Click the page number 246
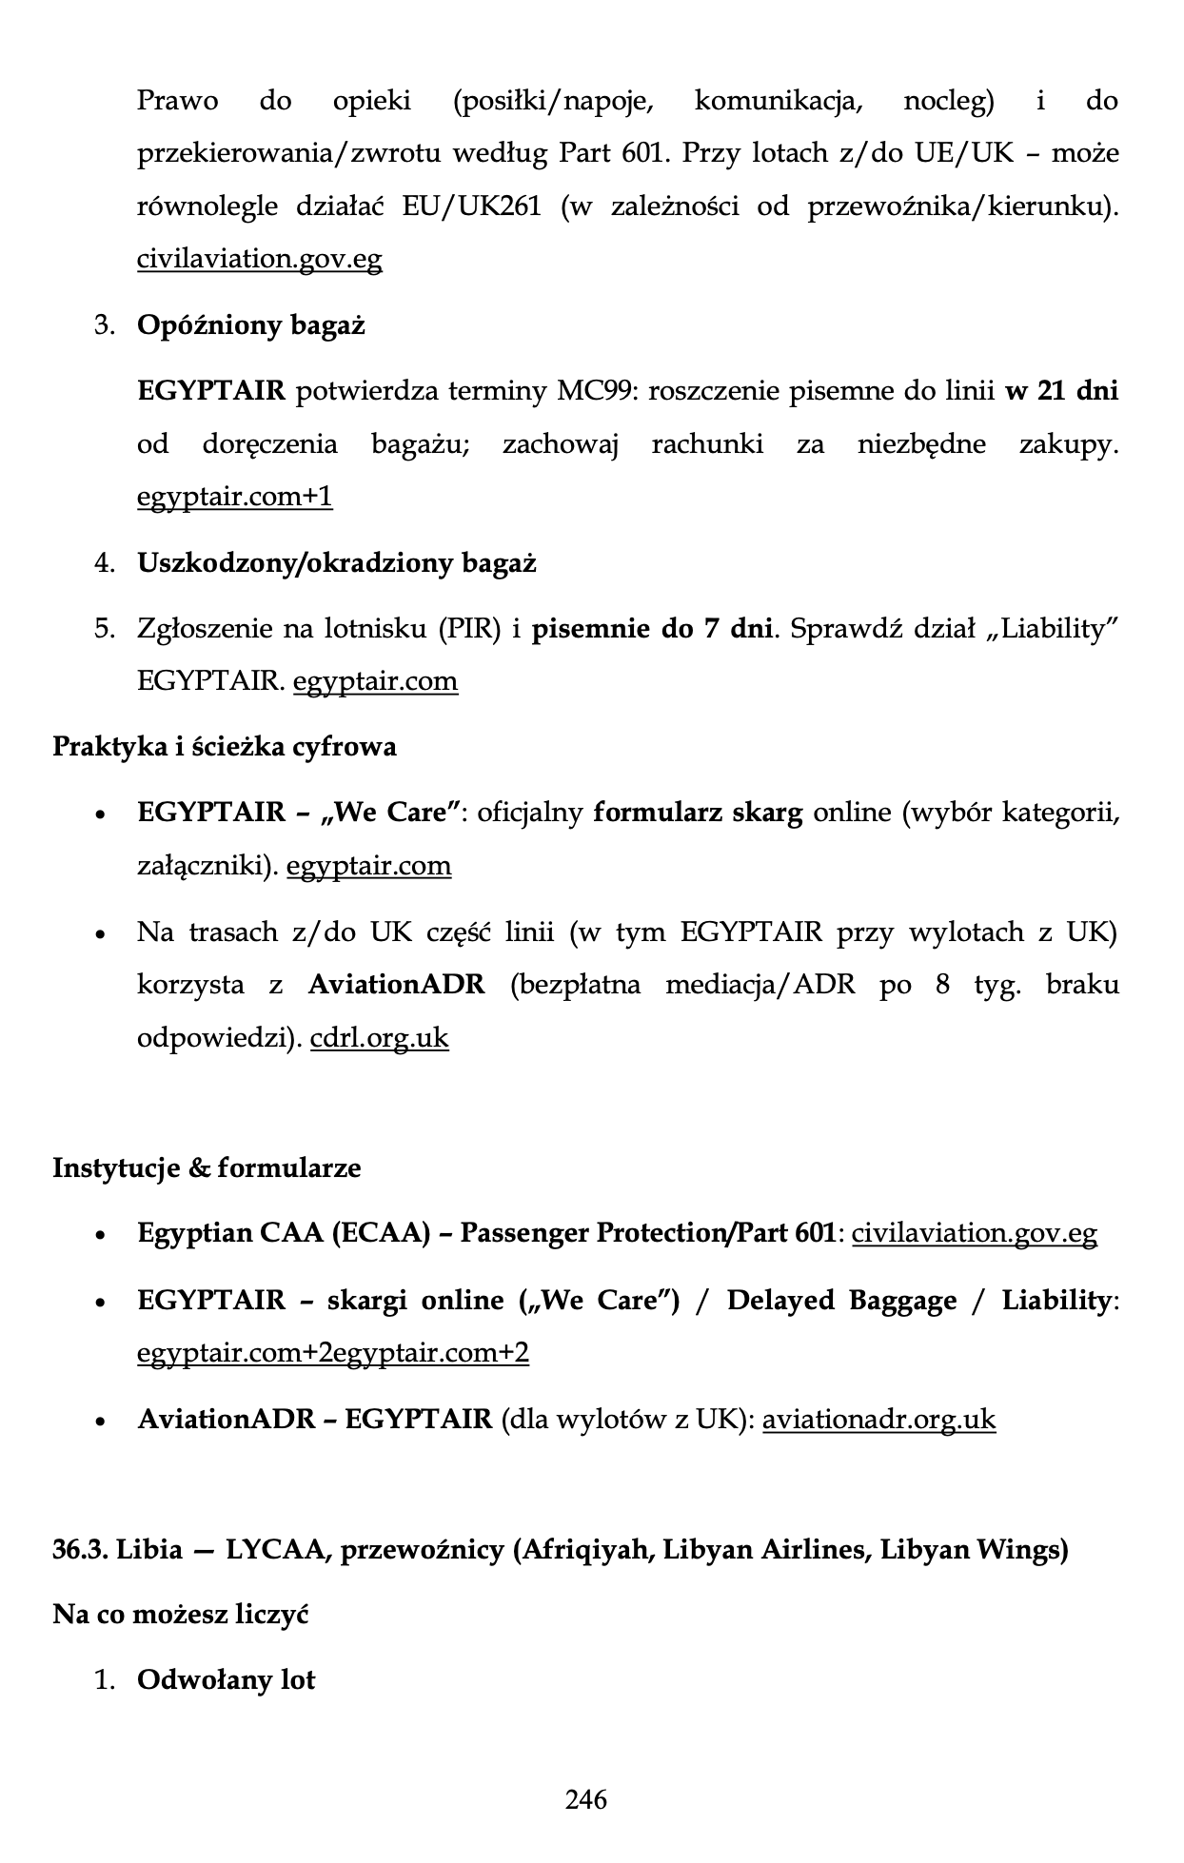pos(585,1799)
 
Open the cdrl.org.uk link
pos(379,1037)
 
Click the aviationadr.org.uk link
pos(878,1420)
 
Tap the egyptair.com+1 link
pos(235,497)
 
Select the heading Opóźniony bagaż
pos(251,325)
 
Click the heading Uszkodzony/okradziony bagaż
pos(337,563)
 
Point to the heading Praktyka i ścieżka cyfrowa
pos(224,746)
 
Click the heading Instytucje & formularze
pos(207,1167)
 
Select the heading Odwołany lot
pos(226,1680)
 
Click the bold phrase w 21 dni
pos(1061,391)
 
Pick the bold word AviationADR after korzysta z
pos(396,984)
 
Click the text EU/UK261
pos(471,206)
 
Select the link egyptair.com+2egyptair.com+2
pos(333,1353)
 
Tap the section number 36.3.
pos(80,1550)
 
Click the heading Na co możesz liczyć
pos(181,1615)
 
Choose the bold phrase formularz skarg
pos(698,813)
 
